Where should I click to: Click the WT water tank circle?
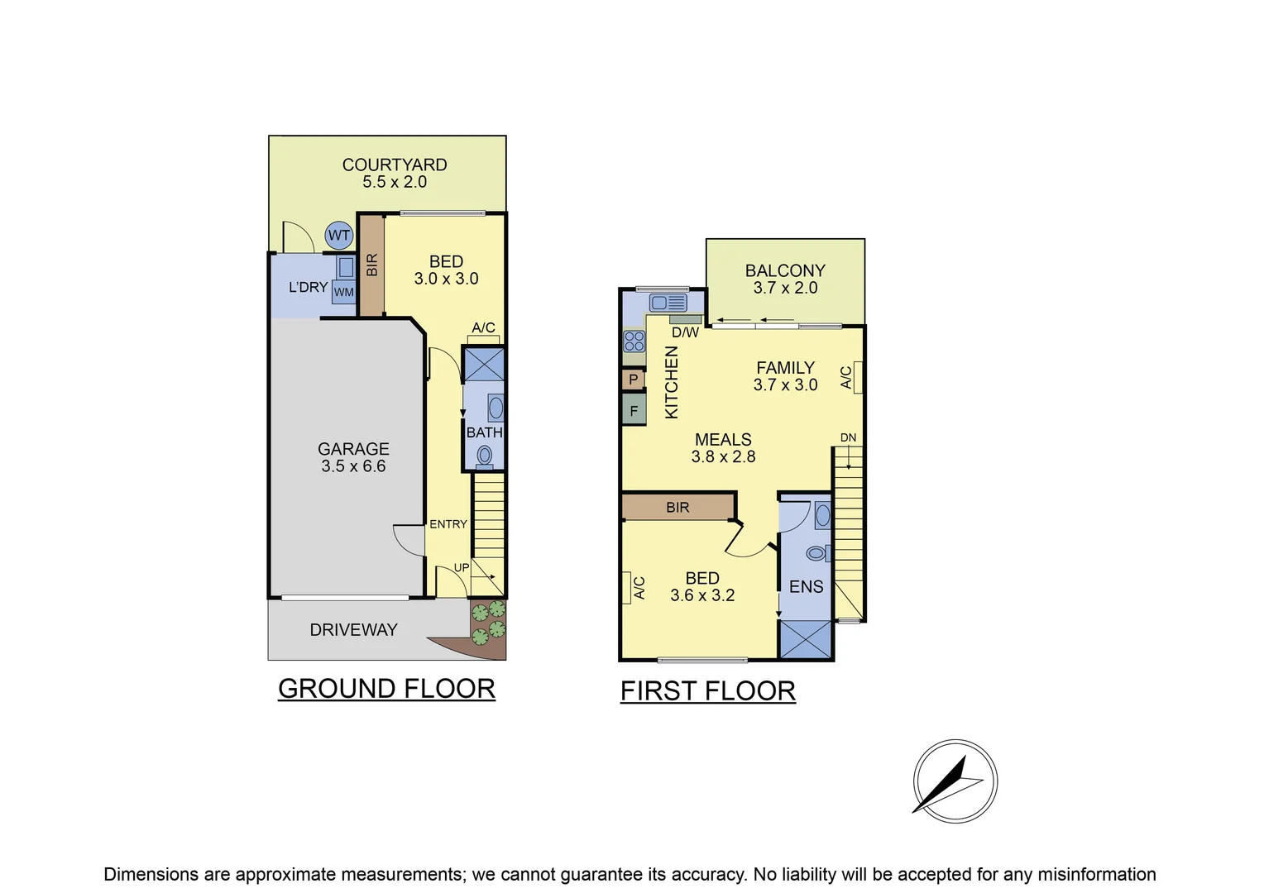coord(339,236)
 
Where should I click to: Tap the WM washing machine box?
coord(343,292)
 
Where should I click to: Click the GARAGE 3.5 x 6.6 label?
coord(353,457)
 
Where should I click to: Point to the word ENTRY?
coord(448,524)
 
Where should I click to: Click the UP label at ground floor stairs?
coord(462,568)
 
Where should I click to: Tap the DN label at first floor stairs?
coord(848,437)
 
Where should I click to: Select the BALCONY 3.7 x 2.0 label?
coord(785,279)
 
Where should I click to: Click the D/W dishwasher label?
coord(685,332)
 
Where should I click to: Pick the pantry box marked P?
coord(634,380)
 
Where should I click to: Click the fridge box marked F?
coord(634,410)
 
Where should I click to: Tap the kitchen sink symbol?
coord(668,302)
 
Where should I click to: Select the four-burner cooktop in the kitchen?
coord(634,341)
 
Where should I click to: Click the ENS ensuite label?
coord(806,587)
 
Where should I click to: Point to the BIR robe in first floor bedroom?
coord(677,508)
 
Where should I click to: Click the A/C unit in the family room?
coord(857,377)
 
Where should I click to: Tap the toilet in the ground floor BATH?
coord(485,456)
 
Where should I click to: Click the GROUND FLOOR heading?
coord(386,689)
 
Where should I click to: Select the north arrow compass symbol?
coord(955,781)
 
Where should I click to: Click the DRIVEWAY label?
coord(353,630)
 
